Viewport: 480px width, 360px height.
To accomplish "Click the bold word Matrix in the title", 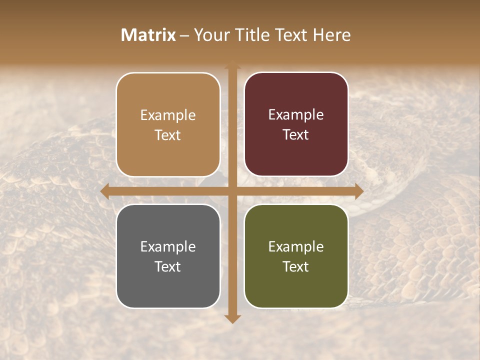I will (148, 35).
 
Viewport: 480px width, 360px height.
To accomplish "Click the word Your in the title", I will (209, 35).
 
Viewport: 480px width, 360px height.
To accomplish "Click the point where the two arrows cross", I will (232, 191).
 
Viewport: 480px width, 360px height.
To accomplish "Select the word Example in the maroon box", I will (296, 115).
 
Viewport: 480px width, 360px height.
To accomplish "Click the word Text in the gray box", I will (168, 266).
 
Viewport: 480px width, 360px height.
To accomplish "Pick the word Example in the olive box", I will (296, 246).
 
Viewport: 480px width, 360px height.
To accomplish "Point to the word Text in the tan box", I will (168, 135).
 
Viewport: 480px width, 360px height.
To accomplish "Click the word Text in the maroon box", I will (296, 135).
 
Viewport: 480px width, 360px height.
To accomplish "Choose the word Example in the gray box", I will (168, 246).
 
